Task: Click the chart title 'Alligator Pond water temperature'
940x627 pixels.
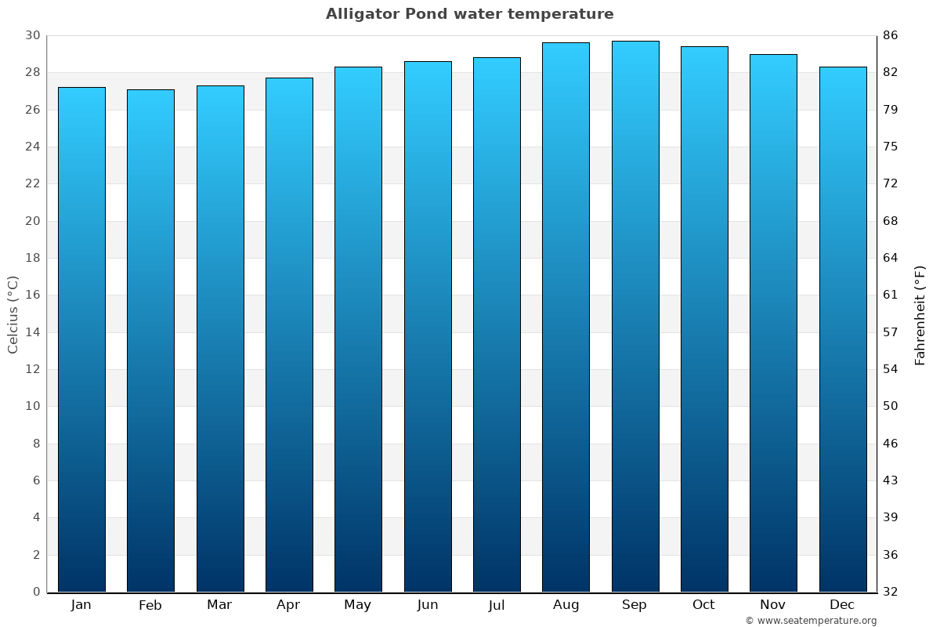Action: (470, 14)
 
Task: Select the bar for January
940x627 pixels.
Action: (81, 339)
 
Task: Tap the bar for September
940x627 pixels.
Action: (635, 317)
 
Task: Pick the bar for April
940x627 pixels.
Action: (289, 335)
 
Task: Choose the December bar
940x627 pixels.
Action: (843, 329)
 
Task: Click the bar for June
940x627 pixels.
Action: (428, 327)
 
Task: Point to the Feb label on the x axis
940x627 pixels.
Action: (150, 605)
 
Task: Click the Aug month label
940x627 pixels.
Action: (566, 605)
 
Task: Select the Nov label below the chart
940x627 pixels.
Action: (773, 605)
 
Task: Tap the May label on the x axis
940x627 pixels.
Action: (358, 605)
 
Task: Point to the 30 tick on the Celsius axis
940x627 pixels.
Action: (32, 35)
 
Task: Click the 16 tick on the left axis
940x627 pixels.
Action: (32, 295)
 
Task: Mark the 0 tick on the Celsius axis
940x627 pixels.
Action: (36, 592)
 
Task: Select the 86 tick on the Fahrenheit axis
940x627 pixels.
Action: (891, 35)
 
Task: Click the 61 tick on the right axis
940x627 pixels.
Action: (891, 295)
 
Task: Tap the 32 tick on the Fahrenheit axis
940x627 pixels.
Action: (891, 592)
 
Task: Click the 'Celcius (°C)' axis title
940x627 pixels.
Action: (13, 314)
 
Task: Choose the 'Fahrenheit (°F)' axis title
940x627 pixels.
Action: (920, 314)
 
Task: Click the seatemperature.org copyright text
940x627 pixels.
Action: (811, 621)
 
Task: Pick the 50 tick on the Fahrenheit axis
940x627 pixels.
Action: (891, 406)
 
